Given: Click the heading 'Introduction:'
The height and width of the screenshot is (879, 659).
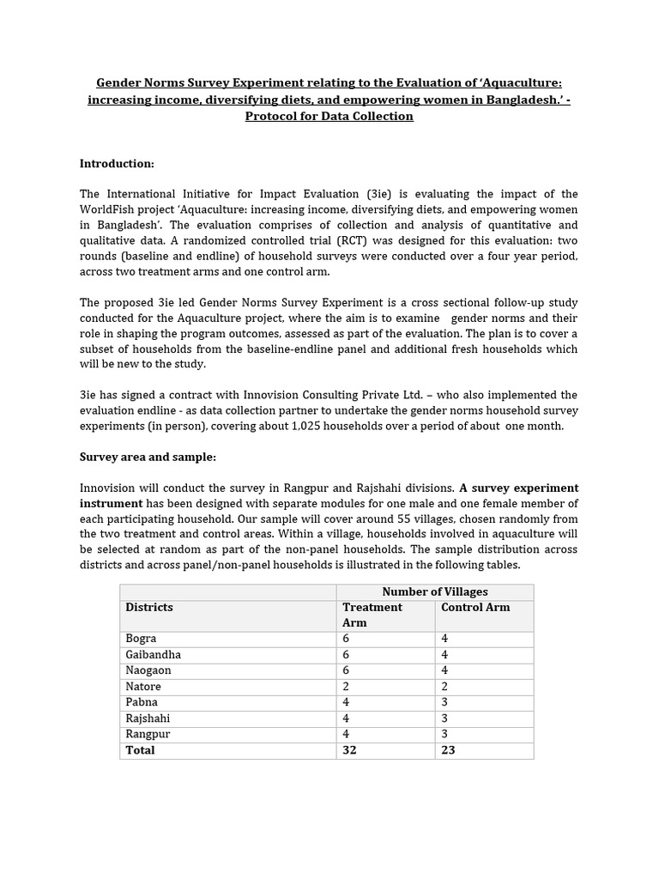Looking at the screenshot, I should [117, 163].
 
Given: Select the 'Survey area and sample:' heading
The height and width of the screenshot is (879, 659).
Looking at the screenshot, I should [148, 458].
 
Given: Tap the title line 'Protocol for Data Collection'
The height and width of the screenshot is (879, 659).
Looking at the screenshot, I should [329, 116].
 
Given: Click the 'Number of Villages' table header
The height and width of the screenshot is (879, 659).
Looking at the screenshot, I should [434, 592].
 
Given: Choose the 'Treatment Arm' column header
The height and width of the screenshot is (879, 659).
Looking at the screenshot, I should [372, 615].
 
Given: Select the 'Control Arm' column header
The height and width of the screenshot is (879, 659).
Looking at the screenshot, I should [475, 608].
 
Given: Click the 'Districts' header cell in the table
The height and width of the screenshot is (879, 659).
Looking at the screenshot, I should [149, 608].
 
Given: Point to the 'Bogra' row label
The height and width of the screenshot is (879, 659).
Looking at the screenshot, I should [141, 639].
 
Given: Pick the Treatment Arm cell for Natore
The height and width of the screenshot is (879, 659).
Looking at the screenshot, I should [347, 687].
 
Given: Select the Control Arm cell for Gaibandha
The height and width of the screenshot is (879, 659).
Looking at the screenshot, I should [444, 655].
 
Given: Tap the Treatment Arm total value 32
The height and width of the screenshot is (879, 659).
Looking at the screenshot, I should [349, 750].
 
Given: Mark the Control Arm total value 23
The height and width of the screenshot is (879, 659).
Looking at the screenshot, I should [447, 750].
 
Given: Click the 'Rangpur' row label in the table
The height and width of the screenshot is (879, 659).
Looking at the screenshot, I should [146, 734].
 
